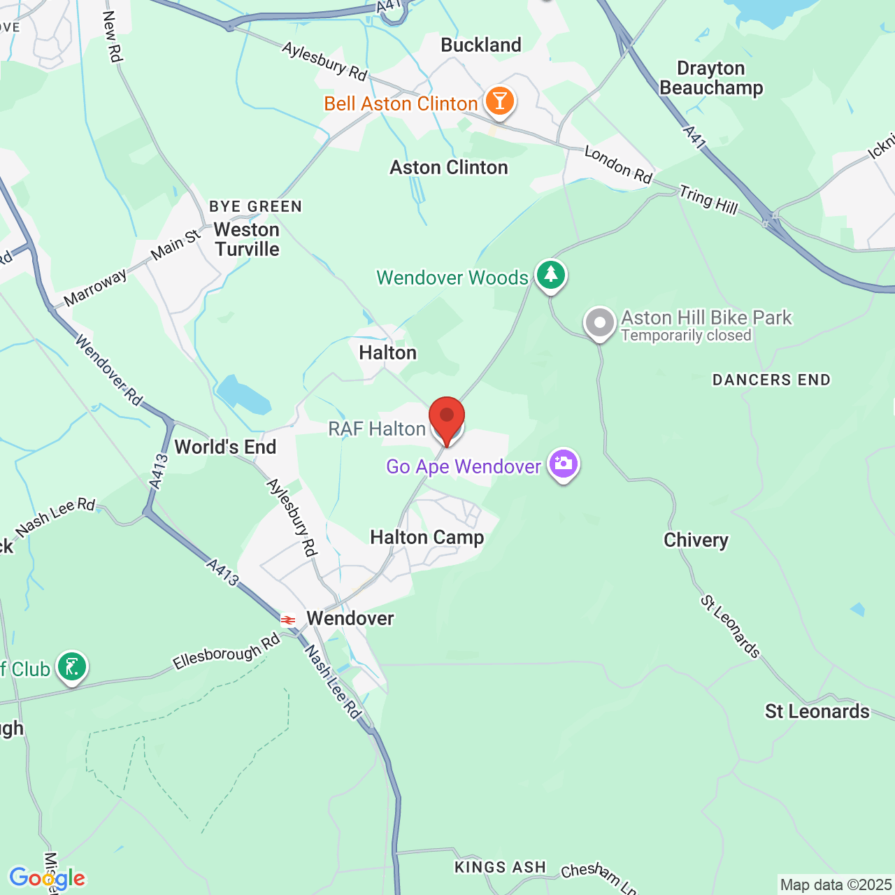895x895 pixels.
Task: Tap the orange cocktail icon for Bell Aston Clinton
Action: [x=499, y=101]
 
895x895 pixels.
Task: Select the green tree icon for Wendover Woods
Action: [x=551, y=274]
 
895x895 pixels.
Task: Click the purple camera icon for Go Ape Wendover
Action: [x=564, y=464]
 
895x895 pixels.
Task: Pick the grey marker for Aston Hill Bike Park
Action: [x=600, y=323]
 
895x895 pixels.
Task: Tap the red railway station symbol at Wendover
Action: [x=287, y=620]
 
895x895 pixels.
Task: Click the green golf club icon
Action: [x=72, y=667]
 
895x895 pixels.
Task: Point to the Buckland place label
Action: [x=481, y=45]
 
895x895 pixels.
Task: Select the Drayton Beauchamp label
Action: [x=711, y=78]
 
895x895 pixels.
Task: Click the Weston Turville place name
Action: [x=247, y=239]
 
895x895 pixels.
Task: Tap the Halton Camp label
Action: [x=427, y=537]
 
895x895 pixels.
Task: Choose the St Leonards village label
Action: [x=817, y=711]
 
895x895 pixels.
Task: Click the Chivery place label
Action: [x=696, y=540]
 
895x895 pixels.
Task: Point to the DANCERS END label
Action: [x=771, y=380]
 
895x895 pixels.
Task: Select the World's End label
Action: [x=225, y=447]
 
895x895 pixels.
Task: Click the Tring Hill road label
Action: [x=708, y=200]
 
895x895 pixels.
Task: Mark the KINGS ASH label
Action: [x=500, y=867]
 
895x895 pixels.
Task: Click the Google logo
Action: [x=47, y=878]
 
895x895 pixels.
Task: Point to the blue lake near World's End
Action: [x=242, y=395]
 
